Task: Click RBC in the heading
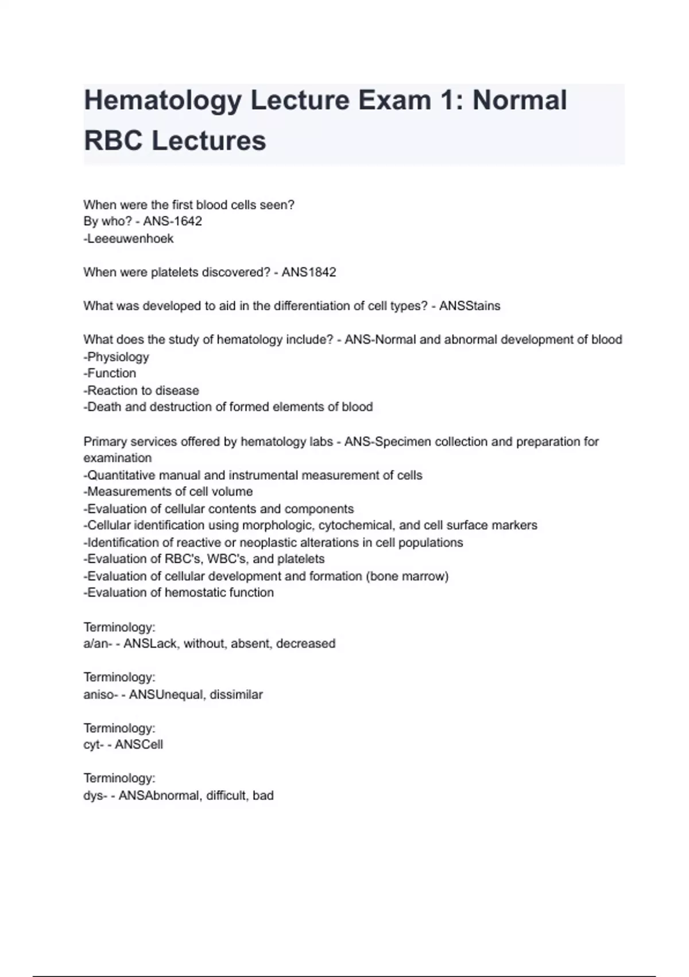[x=113, y=141]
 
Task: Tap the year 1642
[x=187, y=221]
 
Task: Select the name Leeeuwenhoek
[x=129, y=239]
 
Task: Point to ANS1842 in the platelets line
[x=308, y=272]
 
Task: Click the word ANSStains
[x=470, y=306]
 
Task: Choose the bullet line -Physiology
[x=116, y=357]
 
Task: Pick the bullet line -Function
[x=110, y=374]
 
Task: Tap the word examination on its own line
[x=118, y=458]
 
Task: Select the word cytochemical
[x=366, y=525]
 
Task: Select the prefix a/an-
[x=97, y=644]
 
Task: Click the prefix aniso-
[x=100, y=694]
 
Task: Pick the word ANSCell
[x=139, y=745]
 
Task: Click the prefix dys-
[x=95, y=796]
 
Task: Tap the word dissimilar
[x=236, y=694]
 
